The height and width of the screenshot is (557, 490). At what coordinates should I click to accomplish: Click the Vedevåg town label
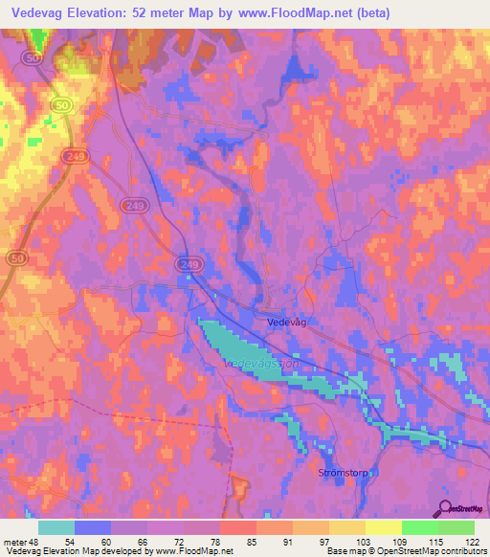tap(287, 324)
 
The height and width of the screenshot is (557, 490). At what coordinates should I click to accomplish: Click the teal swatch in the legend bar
tap(56, 526)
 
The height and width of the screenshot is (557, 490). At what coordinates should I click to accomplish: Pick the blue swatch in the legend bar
tap(93, 526)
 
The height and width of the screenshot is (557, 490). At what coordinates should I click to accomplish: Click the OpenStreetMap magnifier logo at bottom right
tap(443, 509)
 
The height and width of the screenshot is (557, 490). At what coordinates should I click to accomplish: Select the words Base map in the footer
tap(345, 551)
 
